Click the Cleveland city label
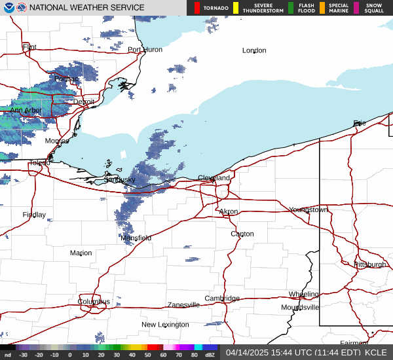pos(214,178)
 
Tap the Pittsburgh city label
pos(370,264)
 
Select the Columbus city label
pos(94,302)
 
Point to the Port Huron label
pos(145,50)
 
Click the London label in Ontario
pos(254,50)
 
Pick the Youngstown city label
pos(309,209)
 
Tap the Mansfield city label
pos(136,238)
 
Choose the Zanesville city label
pos(183,305)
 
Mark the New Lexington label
pos(166,325)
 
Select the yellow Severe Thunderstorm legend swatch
pos(236,8)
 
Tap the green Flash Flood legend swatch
pos(290,8)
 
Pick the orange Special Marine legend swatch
pos(322,8)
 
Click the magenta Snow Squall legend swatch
pos(356,8)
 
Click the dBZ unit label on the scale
pos(210,355)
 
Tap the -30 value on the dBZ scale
pos(23,355)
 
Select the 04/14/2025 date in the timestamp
pos(246,352)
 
